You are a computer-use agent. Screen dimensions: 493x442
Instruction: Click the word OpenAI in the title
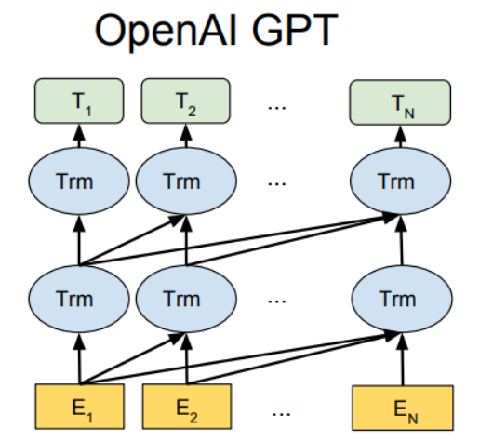point(166,32)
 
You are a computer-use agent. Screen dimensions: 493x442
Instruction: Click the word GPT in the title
point(295,30)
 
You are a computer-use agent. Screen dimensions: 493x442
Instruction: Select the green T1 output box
point(79,100)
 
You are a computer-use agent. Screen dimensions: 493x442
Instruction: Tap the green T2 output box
point(185,100)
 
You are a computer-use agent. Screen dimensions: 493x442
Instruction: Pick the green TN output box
point(400,102)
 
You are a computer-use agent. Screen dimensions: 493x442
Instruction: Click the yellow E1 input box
point(80,407)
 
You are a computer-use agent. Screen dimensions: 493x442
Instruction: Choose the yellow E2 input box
point(187,407)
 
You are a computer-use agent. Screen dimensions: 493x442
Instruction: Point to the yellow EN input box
point(403,408)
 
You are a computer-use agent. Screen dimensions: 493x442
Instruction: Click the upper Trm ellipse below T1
point(79,181)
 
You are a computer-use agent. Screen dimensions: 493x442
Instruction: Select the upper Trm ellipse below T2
point(186,181)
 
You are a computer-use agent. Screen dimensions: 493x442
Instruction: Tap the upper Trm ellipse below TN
point(401,181)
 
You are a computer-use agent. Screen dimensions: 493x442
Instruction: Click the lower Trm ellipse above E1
point(79,299)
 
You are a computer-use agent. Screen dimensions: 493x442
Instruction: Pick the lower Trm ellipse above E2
point(186,299)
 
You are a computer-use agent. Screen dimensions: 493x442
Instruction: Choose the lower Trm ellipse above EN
point(402,299)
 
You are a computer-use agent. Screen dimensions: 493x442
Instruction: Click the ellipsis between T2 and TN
point(276,108)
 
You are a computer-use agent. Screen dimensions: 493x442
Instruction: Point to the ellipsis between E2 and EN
point(281,414)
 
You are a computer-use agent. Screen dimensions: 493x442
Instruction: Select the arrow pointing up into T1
point(79,136)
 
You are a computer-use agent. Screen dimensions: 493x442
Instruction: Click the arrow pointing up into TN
point(400,137)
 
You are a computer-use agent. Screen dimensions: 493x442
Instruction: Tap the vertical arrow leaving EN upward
point(403,359)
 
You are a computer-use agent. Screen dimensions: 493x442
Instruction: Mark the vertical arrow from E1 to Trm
point(79,358)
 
